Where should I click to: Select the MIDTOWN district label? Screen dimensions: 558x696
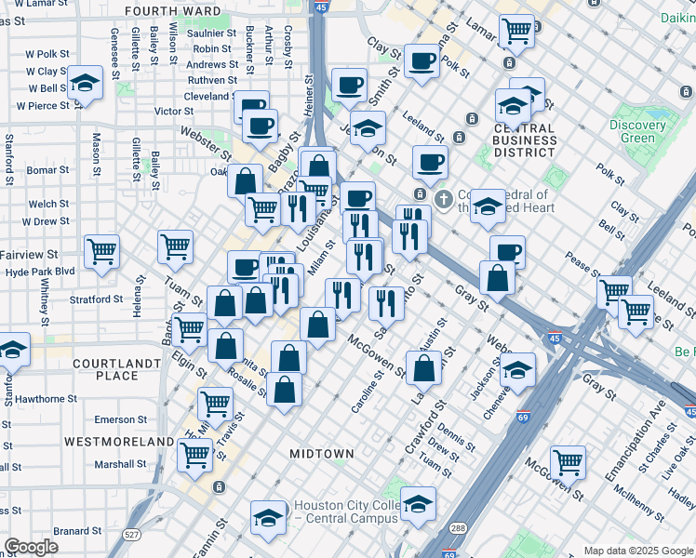(x=321, y=454)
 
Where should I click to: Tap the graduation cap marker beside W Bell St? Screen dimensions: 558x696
(x=85, y=85)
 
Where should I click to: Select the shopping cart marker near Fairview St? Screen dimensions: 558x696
(x=101, y=250)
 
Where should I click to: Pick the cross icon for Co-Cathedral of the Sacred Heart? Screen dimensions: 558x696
(x=445, y=198)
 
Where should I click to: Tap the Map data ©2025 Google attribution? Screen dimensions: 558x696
(x=637, y=551)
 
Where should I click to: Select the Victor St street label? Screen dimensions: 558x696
(x=174, y=112)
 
